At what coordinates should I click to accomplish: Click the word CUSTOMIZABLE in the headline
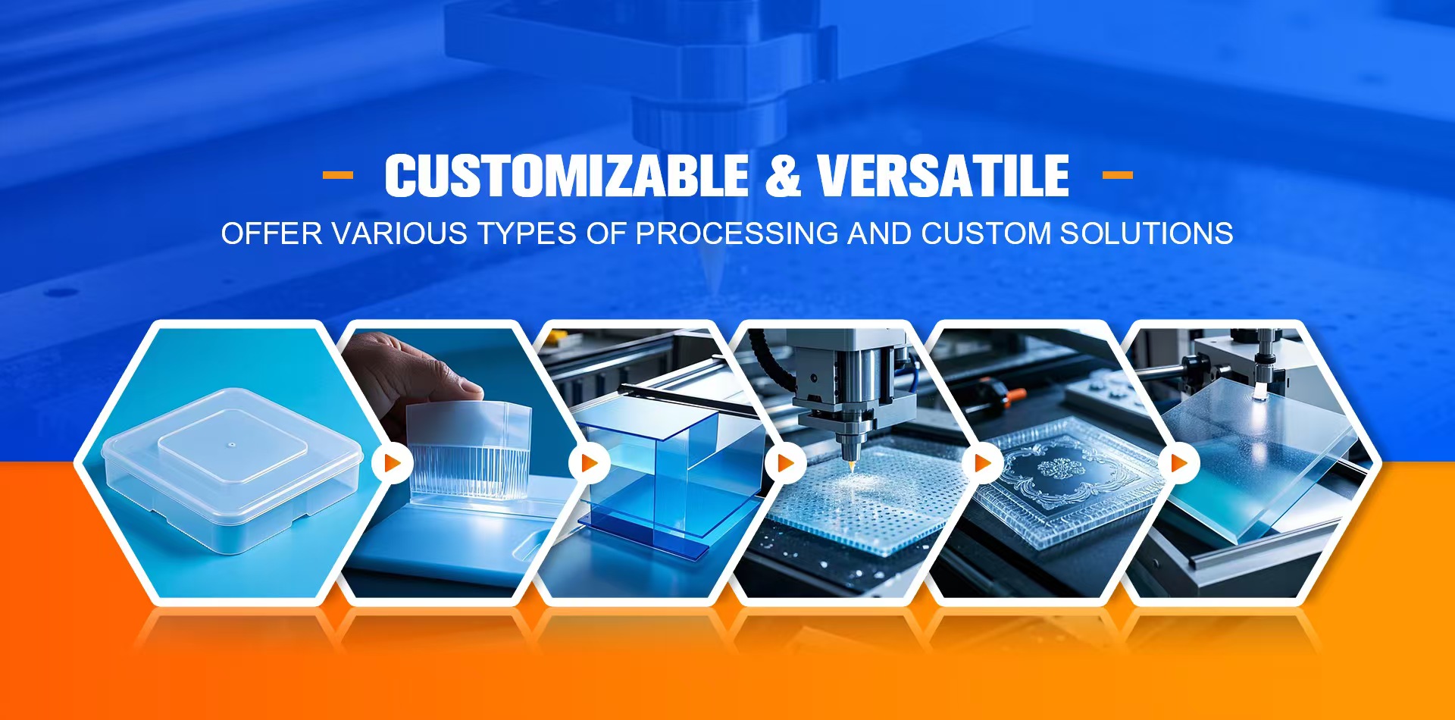567,176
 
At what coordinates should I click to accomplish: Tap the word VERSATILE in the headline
943,176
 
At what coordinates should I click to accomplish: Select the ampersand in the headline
783,176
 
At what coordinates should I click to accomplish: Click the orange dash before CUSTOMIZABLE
338,175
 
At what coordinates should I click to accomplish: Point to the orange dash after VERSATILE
1117,175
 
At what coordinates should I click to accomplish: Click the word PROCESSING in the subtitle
737,233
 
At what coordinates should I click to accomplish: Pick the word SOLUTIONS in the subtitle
1147,233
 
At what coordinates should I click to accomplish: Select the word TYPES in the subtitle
527,233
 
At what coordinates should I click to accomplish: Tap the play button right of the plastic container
393,462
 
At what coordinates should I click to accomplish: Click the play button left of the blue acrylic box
590,462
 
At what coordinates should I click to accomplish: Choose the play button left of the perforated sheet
786,462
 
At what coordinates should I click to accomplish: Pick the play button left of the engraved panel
983,462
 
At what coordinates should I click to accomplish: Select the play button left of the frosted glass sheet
1179,462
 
